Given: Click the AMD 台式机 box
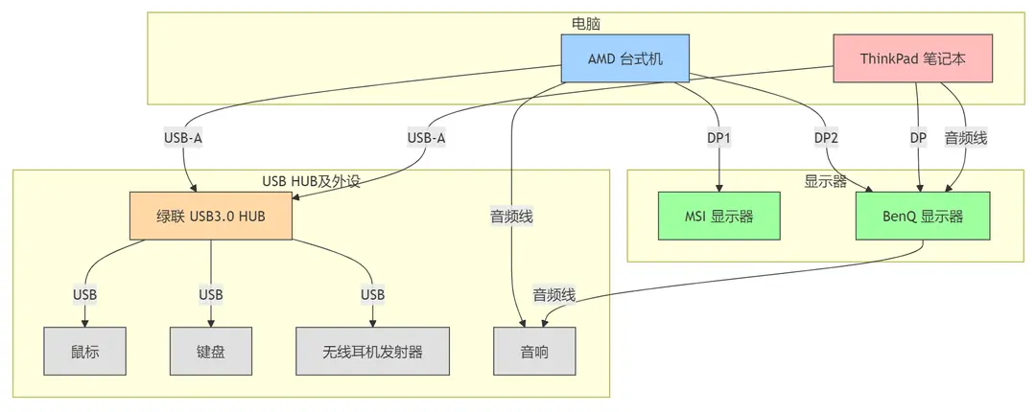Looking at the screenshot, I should point(624,58).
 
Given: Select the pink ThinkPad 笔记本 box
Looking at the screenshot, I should point(911,58).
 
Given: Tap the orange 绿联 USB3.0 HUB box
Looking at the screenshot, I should point(211,216).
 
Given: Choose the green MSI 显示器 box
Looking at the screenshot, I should point(718,216).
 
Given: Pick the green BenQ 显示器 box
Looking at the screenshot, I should point(922,216).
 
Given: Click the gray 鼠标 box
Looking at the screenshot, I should point(84,351).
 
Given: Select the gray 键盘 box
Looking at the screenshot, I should point(211,351).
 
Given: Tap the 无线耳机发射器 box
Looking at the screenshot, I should point(372,351).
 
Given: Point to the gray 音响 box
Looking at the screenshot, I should point(534,351).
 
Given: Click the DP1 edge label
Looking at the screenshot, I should point(718,138).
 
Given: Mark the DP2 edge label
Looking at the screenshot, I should point(826,138).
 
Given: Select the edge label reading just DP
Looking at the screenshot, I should point(918,138).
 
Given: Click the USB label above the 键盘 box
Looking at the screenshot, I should point(211,293).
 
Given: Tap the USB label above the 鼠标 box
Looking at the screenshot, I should point(84,293).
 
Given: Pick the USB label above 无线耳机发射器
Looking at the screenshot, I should point(372,293).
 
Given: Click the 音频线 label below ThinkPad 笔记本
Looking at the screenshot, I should point(966,138).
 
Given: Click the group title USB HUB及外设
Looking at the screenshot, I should point(311,181).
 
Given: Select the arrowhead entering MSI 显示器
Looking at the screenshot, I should point(718,188).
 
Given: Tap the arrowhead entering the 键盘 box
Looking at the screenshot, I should point(211,323).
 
